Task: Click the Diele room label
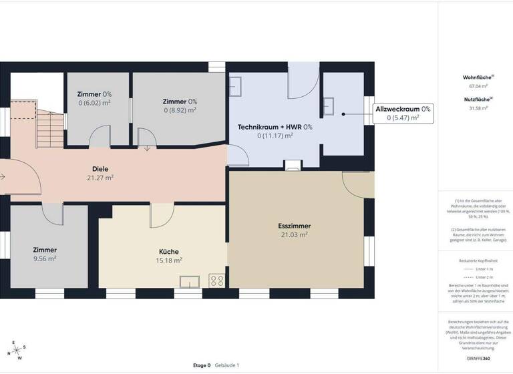pyautogui.click(x=100, y=169)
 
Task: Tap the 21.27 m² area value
pyautogui.click(x=100, y=178)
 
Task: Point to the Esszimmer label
pyautogui.click(x=294, y=226)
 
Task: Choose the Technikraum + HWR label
pyautogui.click(x=275, y=126)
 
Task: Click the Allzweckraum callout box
pyautogui.click(x=403, y=112)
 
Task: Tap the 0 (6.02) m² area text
pyautogui.click(x=94, y=103)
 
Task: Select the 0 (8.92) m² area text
pyautogui.click(x=180, y=110)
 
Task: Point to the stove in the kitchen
pyautogui.click(x=217, y=280)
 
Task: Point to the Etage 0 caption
pyautogui.click(x=202, y=365)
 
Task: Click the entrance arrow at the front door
pyautogui.click(x=3, y=177)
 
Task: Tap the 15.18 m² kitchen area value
pyautogui.click(x=169, y=260)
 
